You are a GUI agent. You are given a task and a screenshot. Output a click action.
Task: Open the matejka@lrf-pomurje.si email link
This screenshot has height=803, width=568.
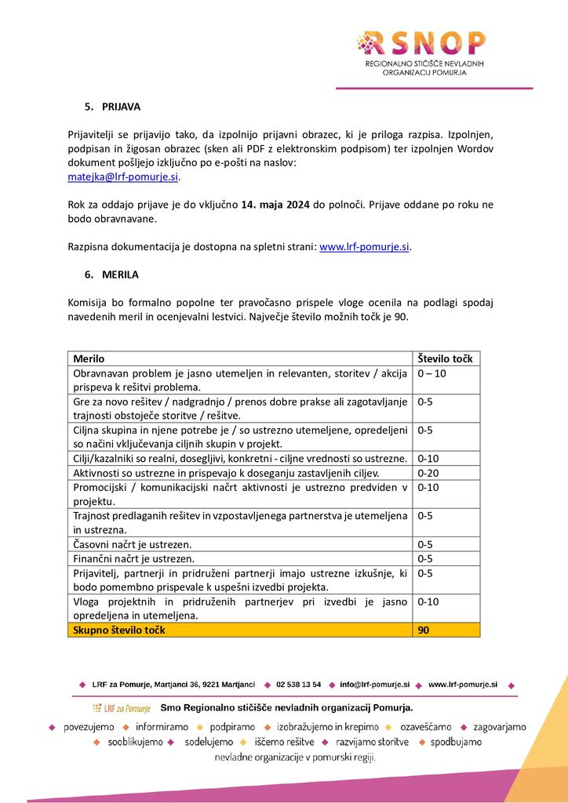pyautogui.click(x=123, y=177)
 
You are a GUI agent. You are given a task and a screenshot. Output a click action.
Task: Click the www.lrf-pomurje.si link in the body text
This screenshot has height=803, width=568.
pyautogui.click(x=365, y=247)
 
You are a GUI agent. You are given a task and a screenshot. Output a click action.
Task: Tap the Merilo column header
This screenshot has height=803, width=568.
pyautogui.click(x=89, y=359)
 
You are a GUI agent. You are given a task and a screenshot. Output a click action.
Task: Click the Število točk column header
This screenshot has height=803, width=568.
pyautogui.click(x=445, y=359)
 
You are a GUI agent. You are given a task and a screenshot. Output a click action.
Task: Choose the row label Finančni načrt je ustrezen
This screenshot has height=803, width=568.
pyautogui.click(x=133, y=558)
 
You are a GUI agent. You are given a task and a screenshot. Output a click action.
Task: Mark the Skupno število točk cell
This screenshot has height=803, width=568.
pyautogui.click(x=119, y=630)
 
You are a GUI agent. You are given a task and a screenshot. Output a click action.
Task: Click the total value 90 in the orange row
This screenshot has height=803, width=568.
pyautogui.click(x=424, y=630)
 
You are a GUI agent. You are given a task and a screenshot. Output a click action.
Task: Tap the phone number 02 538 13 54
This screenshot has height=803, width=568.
pyautogui.click(x=299, y=685)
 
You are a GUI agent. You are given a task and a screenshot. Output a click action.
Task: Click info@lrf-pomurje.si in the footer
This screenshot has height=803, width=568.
pyautogui.click(x=374, y=685)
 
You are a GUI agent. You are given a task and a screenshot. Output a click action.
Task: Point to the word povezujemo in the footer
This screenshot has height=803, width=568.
pyautogui.click(x=89, y=727)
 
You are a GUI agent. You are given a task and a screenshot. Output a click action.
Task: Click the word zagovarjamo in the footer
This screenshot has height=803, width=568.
pyautogui.click(x=500, y=727)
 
